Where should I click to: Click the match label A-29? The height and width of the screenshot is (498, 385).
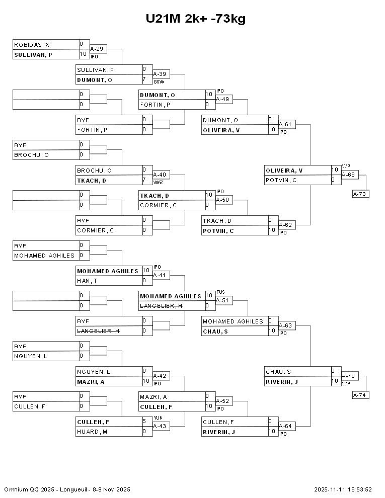97,49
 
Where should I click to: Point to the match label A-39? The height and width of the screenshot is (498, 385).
160,74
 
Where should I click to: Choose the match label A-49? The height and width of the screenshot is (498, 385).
222,99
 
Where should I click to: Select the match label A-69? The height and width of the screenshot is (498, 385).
348,175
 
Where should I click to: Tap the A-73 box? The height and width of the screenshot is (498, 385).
360,194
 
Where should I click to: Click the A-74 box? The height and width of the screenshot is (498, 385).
360,395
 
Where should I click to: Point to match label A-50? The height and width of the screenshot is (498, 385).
222,200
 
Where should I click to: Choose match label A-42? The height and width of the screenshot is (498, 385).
160,376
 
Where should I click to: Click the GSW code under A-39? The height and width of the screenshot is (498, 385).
158,81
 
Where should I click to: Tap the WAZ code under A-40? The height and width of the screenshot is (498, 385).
158,182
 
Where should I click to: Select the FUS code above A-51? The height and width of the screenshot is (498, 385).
220,292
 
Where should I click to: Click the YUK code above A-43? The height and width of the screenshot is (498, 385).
158,418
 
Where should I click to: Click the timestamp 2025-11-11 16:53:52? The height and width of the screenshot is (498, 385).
343,489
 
